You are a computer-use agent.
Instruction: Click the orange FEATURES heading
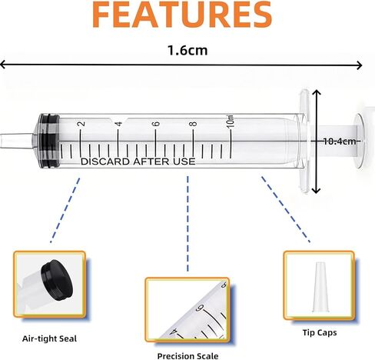[x=182, y=14]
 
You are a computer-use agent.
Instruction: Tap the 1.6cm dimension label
[x=187, y=50]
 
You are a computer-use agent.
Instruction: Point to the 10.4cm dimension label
[x=340, y=142]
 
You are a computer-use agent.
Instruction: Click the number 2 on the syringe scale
[x=81, y=124]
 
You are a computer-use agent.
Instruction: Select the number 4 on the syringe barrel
[x=118, y=124]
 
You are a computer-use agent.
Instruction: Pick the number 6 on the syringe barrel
[x=156, y=124]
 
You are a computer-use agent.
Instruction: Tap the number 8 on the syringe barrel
[x=193, y=124]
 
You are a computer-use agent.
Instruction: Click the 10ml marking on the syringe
[x=231, y=122]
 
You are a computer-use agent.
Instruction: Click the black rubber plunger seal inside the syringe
[x=49, y=141]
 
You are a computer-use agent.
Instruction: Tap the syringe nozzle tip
[x=16, y=141]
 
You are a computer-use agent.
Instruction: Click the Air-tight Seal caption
[x=49, y=338]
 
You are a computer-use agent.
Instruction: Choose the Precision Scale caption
[x=187, y=356]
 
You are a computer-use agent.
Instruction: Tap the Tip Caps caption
[x=320, y=332]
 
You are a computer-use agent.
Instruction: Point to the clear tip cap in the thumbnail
[x=320, y=287]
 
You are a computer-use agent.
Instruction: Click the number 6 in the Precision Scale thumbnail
[x=200, y=307]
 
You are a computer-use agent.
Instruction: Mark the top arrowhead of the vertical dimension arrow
[x=317, y=92]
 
